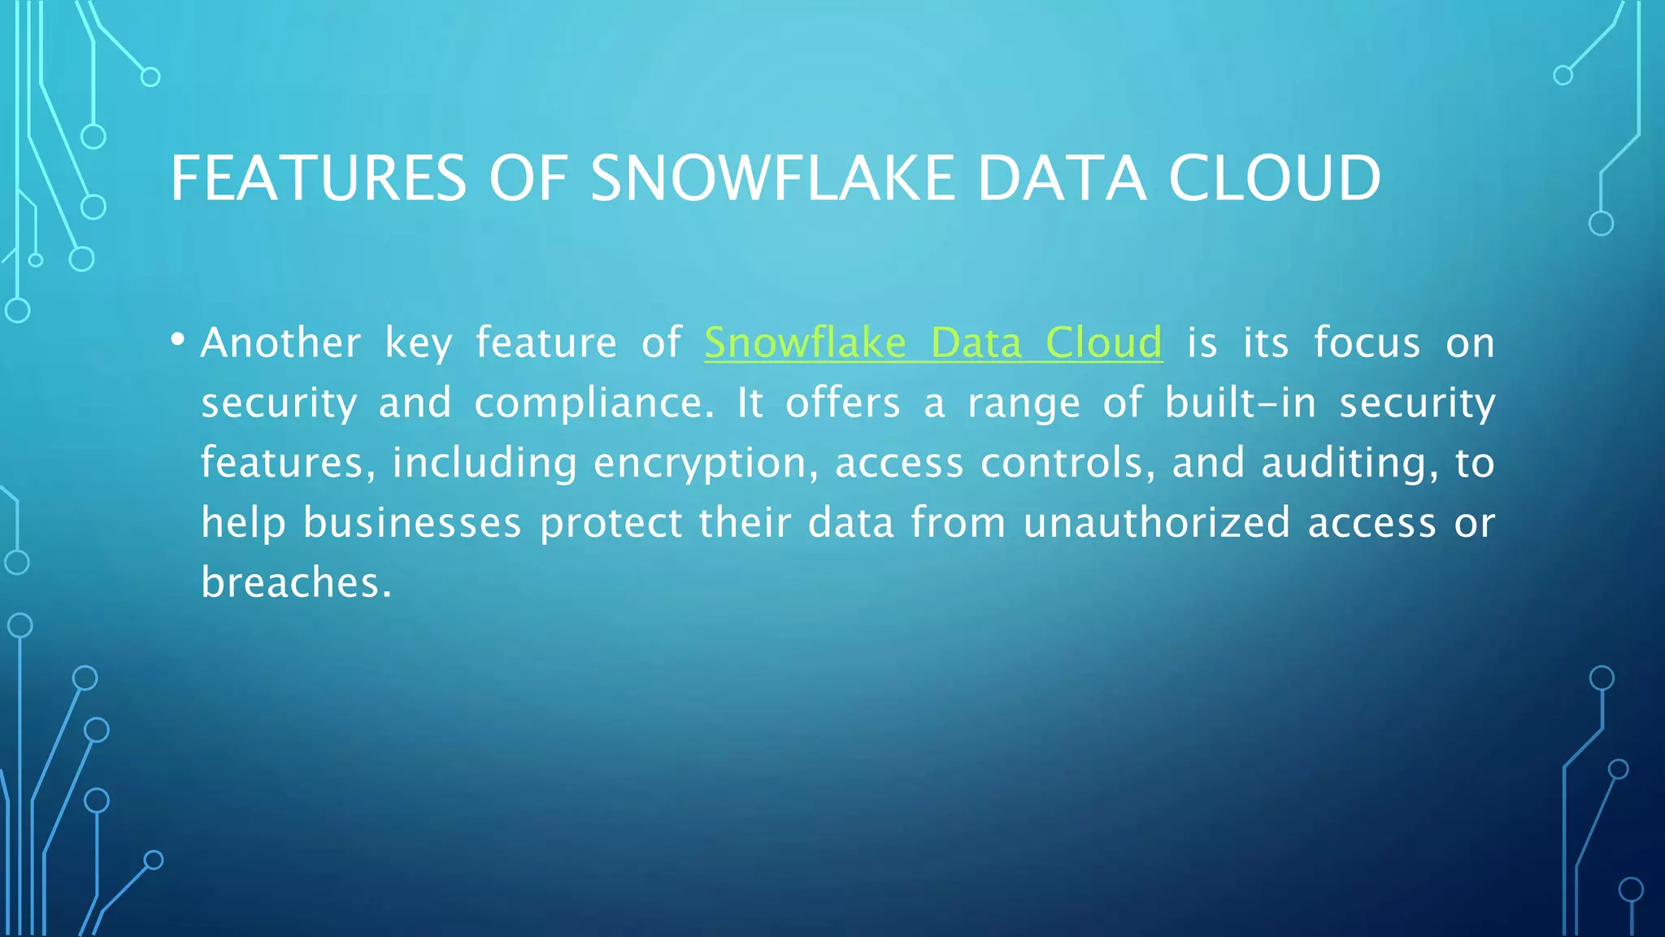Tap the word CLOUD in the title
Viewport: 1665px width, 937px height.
coord(1274,178)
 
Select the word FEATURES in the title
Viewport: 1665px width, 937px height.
coord(318,178)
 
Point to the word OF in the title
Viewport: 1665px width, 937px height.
coord(528,178)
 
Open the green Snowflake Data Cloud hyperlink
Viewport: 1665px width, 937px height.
coord(932,342)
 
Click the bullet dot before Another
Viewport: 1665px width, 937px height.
coord(178,339)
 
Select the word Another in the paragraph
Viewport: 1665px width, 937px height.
coord(280,342)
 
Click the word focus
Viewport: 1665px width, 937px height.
coord(1367,342)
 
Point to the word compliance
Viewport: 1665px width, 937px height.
coord(593,403)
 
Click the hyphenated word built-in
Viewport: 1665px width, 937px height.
coord(1240,403)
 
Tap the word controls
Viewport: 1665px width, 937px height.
coord(1067,463)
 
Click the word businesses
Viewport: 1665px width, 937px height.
coord(412,522)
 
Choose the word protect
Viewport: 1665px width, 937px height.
coord(611,523)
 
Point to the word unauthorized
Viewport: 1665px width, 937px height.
coord(1156,522)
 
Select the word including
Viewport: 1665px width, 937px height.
coord(485,464)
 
